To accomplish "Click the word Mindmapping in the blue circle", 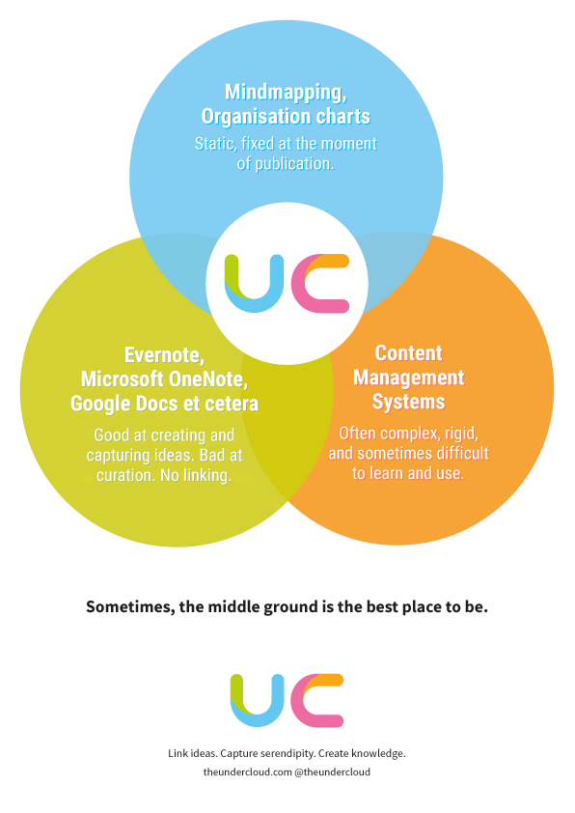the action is [x=285, y=93].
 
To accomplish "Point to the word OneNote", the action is [x=208, y=379].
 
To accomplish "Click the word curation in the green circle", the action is [x=125, y=475].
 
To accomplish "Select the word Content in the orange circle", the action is [x=409, y=353].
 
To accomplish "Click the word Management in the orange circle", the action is [x=409, y=378].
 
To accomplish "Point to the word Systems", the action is [x=409, y=403].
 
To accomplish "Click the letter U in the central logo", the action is [x=255, y=284].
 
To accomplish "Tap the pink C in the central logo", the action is [x=320, y=284].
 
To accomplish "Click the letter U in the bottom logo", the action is [x=258, y=700].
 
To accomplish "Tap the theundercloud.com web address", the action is [x=248, y=772].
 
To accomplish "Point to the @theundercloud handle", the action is [x=333, y=772].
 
